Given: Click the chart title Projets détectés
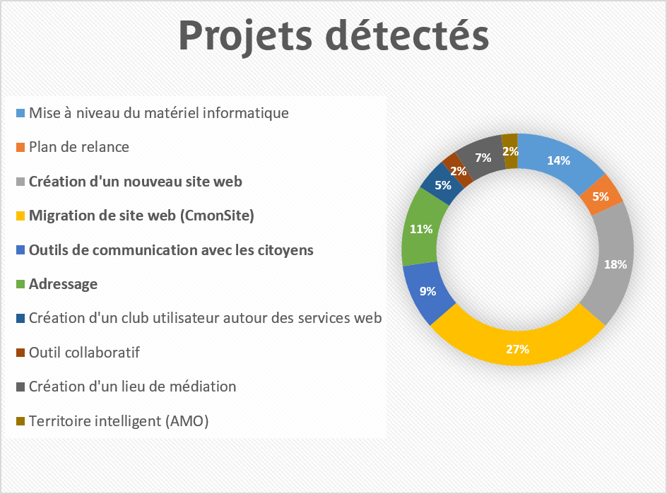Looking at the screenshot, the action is coord(333,36).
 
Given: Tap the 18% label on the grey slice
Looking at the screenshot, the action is coord(615,264).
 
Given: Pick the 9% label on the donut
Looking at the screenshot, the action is coord(427,291).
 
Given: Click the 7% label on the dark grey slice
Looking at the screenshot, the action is coord(483,158).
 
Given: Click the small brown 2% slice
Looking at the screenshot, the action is coord(459,170).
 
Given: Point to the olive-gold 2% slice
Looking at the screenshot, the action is coord(510,151).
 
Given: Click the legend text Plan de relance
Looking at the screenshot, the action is coord(78,147).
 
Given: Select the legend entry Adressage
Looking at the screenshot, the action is coord(63,284).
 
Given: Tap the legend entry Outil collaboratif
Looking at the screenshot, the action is coord(84,353).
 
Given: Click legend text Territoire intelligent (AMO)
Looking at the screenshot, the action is coord(119,421).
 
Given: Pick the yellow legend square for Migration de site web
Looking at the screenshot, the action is coord(20,216).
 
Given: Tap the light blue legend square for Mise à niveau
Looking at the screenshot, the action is coord(20,113).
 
